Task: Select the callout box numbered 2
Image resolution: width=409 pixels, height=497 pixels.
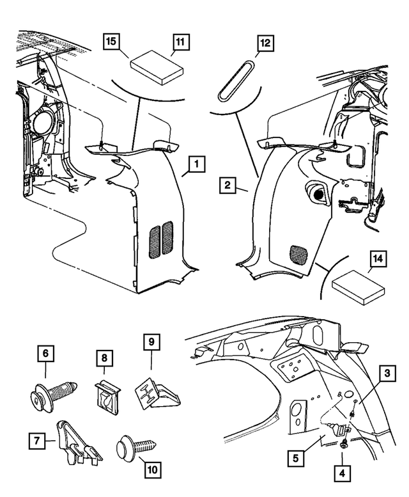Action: pos(226,186)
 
